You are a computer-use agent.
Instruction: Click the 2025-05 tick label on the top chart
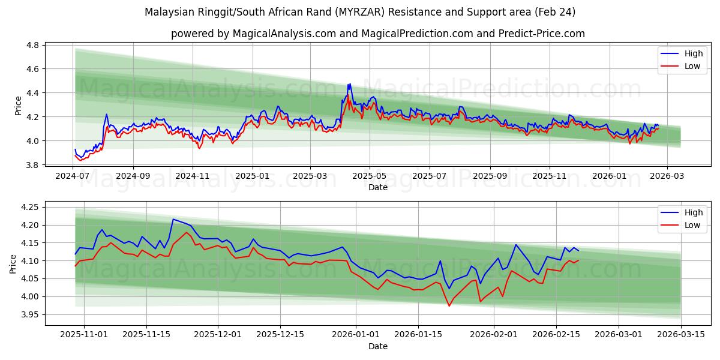tap(369, 176)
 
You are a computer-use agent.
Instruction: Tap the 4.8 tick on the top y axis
tap(33, 45)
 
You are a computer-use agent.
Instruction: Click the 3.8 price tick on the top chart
tap(33, 165)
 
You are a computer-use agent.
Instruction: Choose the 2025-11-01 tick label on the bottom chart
tap(84, 335)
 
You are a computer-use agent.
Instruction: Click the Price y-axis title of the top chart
tap(18, 106)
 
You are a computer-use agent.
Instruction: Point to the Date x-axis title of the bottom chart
tap(378, 346)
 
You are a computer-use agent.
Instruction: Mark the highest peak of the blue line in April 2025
tap(349, 84)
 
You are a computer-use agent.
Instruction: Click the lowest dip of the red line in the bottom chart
tap(449, 306)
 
